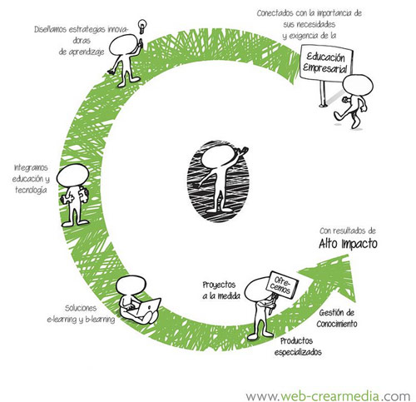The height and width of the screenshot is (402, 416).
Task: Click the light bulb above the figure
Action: tap(142, 26)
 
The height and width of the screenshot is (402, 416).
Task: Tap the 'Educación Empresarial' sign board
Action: tap(326, 62)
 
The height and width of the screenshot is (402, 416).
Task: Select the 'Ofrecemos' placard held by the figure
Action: tap(282, 285)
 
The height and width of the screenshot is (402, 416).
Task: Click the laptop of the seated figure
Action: tap(149, 307)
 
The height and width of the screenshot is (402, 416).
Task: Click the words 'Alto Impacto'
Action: tap(348, 244)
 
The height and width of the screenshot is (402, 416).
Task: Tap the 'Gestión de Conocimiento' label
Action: tap(337, 318)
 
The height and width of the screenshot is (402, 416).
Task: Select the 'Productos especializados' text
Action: tap(298, 346)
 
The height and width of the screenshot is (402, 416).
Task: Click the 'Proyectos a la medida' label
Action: tap(221, 290)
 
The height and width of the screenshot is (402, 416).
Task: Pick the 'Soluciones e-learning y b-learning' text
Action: tap(81, 314)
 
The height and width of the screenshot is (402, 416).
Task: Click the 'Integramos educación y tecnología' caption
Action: tap(31, 179)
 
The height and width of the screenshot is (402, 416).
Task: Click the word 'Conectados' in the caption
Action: tap(274, 13)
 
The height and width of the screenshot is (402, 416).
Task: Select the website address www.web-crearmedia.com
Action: tap(328, 395)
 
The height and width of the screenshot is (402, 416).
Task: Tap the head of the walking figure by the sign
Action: tap(358, 86)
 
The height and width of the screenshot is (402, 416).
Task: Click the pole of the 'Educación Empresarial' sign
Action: tap(322, 92)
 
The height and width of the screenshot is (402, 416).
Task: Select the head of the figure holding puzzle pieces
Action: tap(72, 175)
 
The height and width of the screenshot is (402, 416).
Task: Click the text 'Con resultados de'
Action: tap(348, 231)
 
